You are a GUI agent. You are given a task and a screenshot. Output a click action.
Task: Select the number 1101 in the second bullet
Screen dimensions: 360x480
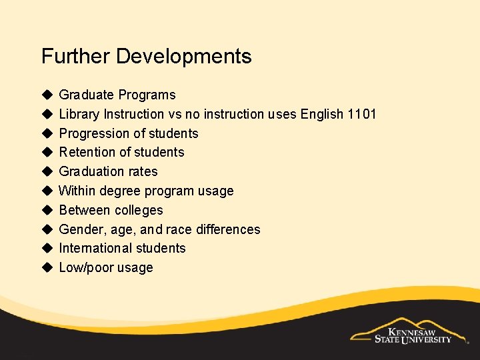click(362, 114)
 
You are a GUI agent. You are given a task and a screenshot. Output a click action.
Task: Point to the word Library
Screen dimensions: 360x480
click(79, 114)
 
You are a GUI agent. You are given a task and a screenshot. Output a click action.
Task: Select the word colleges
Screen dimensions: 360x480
click(139, 210)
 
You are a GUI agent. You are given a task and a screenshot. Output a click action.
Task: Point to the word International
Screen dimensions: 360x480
click(93, 248)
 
